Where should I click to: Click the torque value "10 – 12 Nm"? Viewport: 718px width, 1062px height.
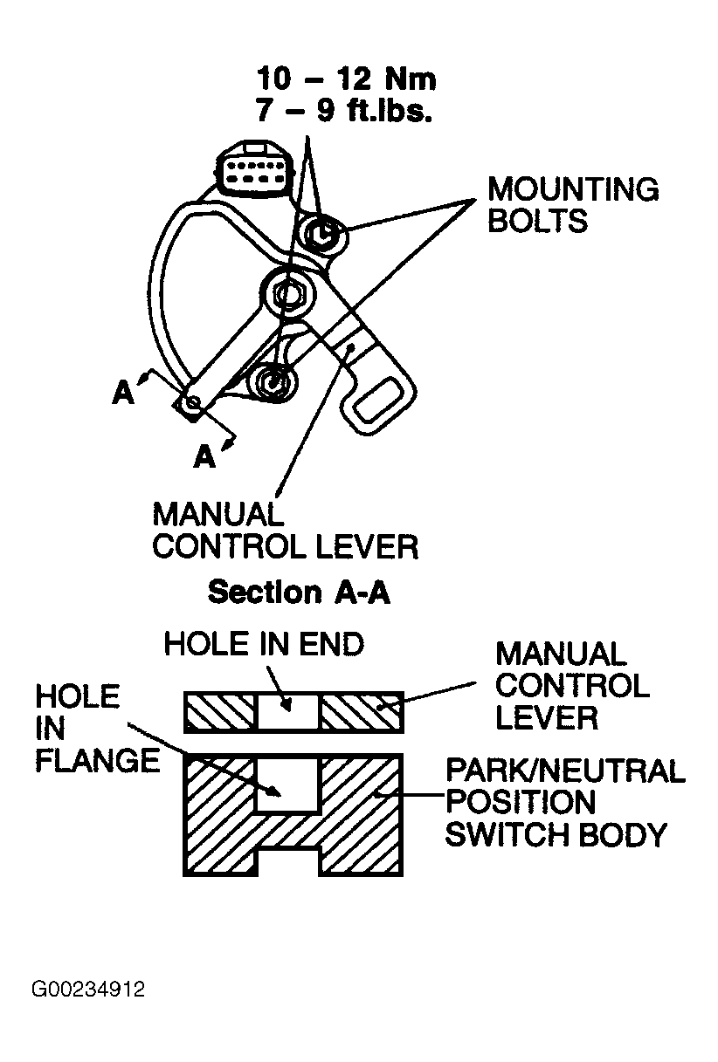tap(346, 79)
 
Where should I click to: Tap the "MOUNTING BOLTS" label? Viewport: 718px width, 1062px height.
tap(572, 204)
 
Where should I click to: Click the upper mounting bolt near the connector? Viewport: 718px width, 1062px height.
tap(324, 233)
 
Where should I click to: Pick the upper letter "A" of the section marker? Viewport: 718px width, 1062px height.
tap(123, 394)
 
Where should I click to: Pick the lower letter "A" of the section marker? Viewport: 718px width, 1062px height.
tap(204, 456)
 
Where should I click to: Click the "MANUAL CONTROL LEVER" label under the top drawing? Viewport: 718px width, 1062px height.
tap(285, 530)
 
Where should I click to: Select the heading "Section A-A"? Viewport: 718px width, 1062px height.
tap(298, 593)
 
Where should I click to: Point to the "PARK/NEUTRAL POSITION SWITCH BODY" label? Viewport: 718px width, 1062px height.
tap(563, 803)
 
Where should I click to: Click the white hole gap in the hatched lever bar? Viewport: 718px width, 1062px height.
tap(289, 711)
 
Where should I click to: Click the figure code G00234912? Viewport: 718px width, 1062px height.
tap(88, 990)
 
